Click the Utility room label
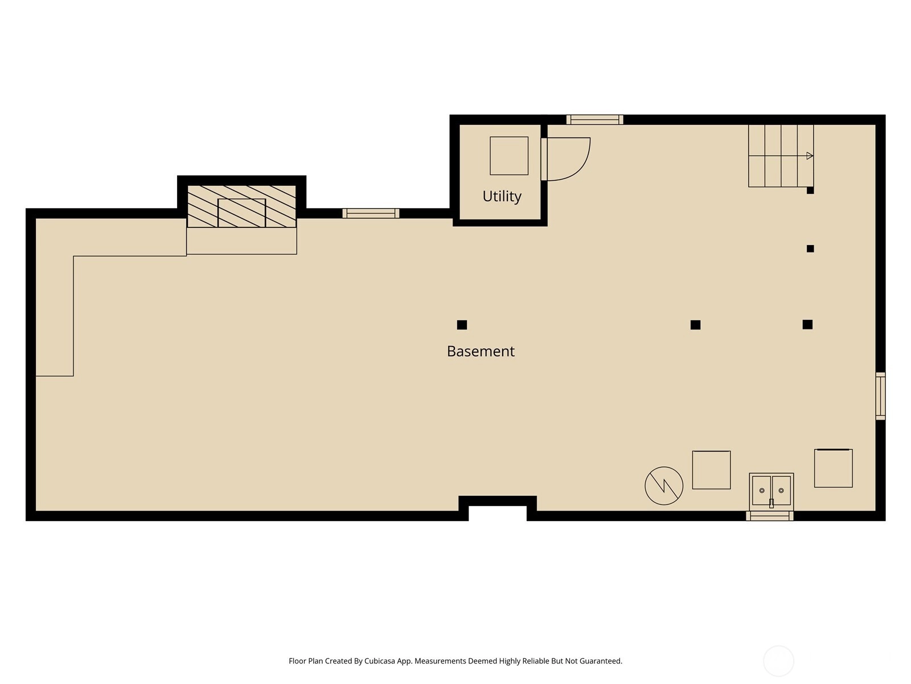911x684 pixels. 502,197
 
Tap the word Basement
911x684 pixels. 481,351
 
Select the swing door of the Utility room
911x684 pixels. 565,160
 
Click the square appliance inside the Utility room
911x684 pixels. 509,156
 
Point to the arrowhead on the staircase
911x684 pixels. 809,156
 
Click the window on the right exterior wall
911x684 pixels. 880,396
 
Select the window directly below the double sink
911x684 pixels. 770,516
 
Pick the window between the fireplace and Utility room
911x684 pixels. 371,213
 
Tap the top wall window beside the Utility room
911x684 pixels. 595,120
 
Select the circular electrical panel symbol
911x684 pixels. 664,486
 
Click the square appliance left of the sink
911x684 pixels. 711,470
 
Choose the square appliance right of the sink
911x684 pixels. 834,468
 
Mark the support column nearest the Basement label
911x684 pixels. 462,325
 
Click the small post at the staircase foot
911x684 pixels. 810,190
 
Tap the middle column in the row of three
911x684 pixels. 696,325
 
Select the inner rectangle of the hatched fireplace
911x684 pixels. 241,213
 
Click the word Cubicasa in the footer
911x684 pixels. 380,661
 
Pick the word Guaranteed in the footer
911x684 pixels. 601,661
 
